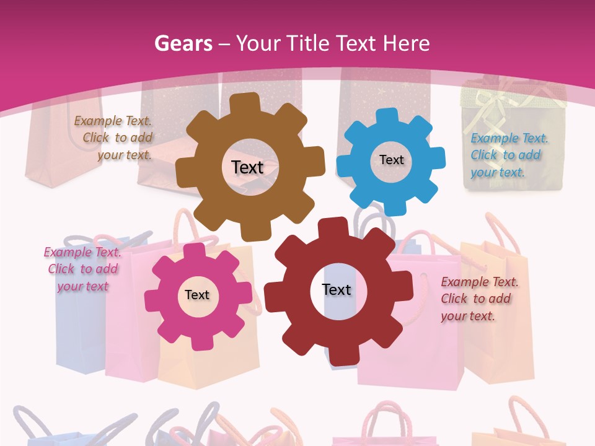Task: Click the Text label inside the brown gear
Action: click(x=247, y=167)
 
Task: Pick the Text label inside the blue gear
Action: click(x=391, y=160)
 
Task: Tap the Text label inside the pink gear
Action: click(x=197, y=295)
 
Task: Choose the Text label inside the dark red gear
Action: click(x=337, y=289)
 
